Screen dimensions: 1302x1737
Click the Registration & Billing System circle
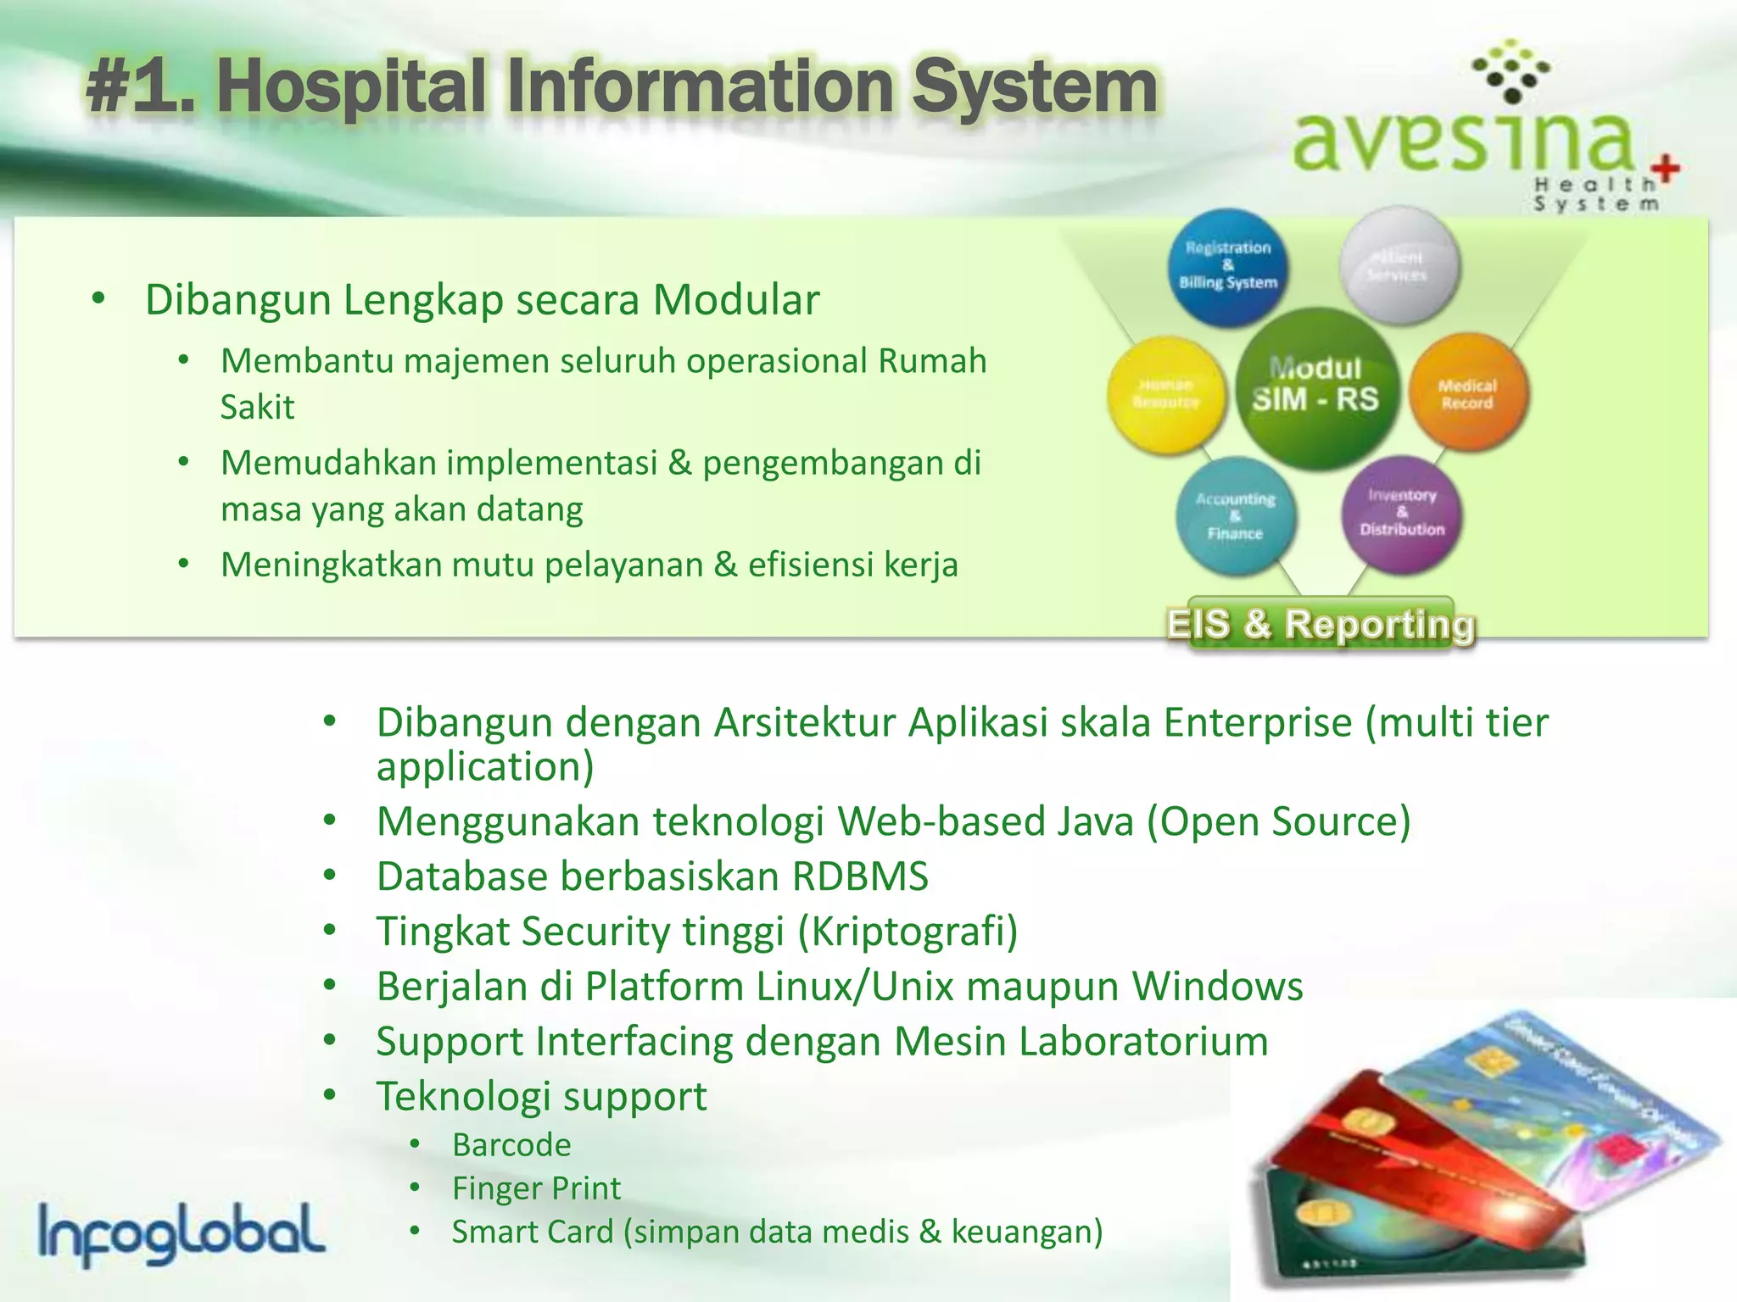point(1227,266)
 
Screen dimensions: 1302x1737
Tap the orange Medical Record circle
point(1468,393)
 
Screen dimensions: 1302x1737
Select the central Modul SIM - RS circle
point(1315,387)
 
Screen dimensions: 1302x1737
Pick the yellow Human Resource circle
point(1166,394)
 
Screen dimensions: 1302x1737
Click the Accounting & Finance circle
point(1236,515)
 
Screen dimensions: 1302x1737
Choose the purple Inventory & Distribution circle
point(1402,513)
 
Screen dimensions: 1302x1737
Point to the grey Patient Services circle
point(1398,266)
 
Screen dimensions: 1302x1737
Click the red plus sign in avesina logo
point(1665,168)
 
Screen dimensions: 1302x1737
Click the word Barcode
point(511,1145)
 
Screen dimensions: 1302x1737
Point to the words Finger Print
point(536,1188)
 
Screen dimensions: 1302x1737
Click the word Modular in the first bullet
point(735,300)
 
